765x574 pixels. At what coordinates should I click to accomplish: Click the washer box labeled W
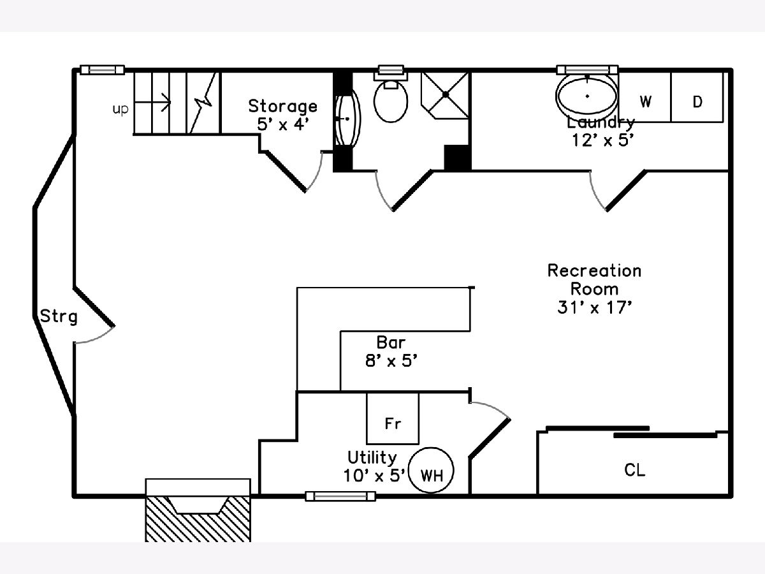point(645,101)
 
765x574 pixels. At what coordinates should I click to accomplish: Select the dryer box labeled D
point(697,101)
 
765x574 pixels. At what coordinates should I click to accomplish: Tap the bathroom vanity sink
point(347,119)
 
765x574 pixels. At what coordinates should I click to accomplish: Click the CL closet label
point(634,471)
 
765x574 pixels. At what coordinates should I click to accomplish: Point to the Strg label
point(59,316)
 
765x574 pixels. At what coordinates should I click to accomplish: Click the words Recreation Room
point(594,279)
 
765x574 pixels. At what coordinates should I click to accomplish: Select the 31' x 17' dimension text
point(594,307)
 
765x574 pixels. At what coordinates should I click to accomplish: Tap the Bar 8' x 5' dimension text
point(391,360)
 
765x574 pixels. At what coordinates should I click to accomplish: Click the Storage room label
point(282,105)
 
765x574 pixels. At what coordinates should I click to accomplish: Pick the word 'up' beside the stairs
point(120,109)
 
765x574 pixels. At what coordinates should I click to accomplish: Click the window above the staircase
point(102,70)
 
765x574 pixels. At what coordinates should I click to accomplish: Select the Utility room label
point(372,457)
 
